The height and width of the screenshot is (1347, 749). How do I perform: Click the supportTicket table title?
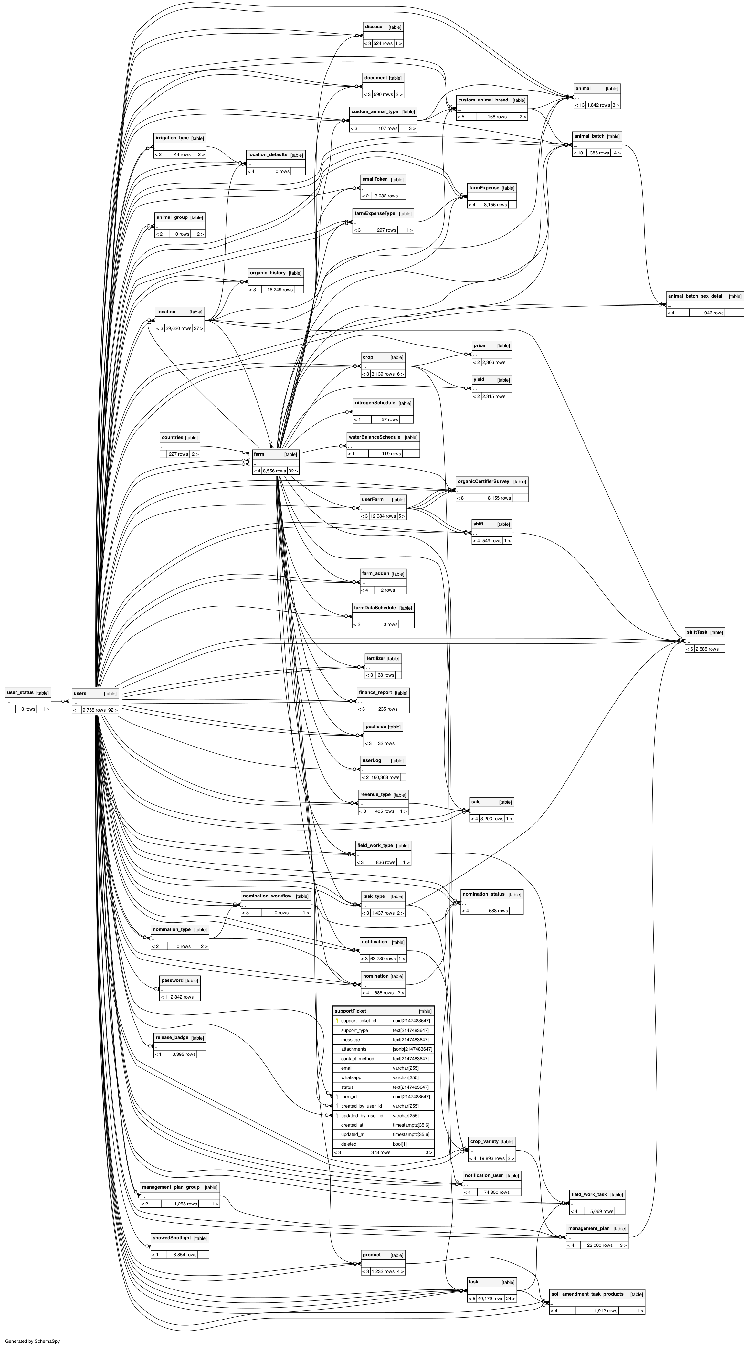pyautogui.click(x=351, y=1011)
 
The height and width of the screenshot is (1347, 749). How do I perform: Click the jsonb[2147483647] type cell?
pyautogui.click(x=412, y=1049)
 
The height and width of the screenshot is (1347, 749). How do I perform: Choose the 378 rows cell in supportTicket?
pyautogui.click(x=381, y=1152)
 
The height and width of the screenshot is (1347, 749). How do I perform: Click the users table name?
pyautogui.click(x=80, y=693)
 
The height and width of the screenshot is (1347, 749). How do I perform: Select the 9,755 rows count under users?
pyautogui.click(x=94, y=710)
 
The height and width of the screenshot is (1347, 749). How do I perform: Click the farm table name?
pyautogui.click(x=259, y=454)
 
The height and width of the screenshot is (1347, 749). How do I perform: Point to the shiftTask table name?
pyautogui.click(x=697, y=632)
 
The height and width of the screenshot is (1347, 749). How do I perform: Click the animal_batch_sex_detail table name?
pyautogui.click(x=695, y=296)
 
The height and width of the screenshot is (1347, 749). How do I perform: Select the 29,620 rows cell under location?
pyautogui.click(x=178, y=328)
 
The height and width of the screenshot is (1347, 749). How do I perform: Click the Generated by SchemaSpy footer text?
pyautogui.click(x=32, y=1341)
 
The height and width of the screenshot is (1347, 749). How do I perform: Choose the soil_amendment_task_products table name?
pyautogui.click(x=587, y=1294)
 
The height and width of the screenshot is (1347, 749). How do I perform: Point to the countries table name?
pyautogui.click(x=172, y=437)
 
